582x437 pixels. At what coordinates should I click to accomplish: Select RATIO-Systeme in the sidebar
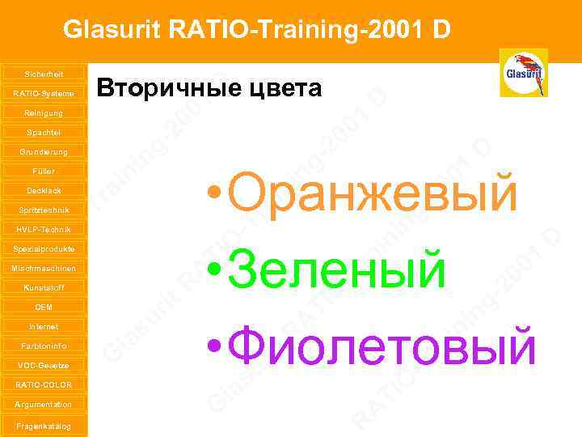click(44, 93)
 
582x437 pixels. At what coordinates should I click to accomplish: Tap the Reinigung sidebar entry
click(44, 112)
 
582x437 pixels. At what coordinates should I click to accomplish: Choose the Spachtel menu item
click(44, 132)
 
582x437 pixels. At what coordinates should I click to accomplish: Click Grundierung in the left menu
click(44, 151)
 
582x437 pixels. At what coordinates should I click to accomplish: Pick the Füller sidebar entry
click(44, 171)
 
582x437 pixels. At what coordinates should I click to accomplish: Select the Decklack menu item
click(44, 190)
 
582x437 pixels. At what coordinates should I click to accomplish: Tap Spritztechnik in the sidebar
click(44, 210)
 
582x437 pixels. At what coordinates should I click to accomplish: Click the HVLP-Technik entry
click(44, 229)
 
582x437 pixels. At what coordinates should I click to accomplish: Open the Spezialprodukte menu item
click(44, 248)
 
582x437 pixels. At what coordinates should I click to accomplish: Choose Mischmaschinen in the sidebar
click(44, 268)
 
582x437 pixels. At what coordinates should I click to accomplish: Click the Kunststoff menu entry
click(44, 287)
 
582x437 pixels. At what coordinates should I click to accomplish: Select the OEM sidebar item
click(44, 307)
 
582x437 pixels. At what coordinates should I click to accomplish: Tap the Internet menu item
click(44, 326)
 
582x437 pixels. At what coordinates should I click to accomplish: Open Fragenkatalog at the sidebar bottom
click(44, 426)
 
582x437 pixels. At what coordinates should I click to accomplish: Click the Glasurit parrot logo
click(523, 73)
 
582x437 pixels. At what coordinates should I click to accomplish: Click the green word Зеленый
click(335, 269)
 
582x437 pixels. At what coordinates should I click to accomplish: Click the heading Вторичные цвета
click(209, 88)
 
